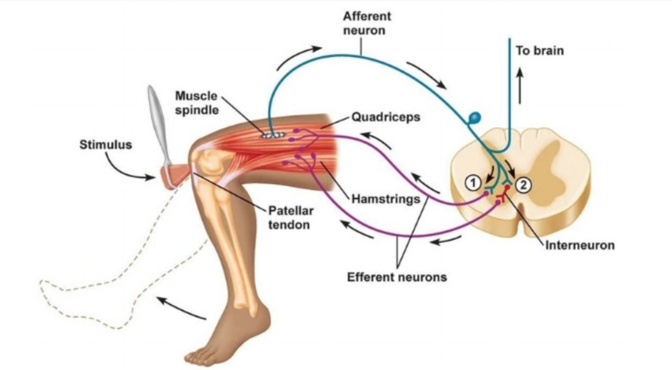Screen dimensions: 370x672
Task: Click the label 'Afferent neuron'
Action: coord(366,23)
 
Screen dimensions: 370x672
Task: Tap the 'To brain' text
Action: coord(539,51)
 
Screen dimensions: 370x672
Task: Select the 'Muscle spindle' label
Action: coord(196,103)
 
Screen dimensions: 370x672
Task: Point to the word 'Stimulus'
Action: coord(106,145)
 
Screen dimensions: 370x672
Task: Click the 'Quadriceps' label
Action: coord(385,117)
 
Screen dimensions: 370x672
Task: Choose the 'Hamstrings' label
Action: coord(385,199)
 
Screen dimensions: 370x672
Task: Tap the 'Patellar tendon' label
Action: coord(290,217)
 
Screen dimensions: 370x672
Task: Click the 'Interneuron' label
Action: coord(580,245)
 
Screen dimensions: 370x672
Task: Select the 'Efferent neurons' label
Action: coord(397,277)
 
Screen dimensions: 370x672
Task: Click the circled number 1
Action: coord(473,183)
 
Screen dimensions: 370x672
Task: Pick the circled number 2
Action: coord(524,184)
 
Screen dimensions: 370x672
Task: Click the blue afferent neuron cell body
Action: coord(474,118)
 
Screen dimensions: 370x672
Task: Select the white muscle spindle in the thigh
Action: coord(273,135)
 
